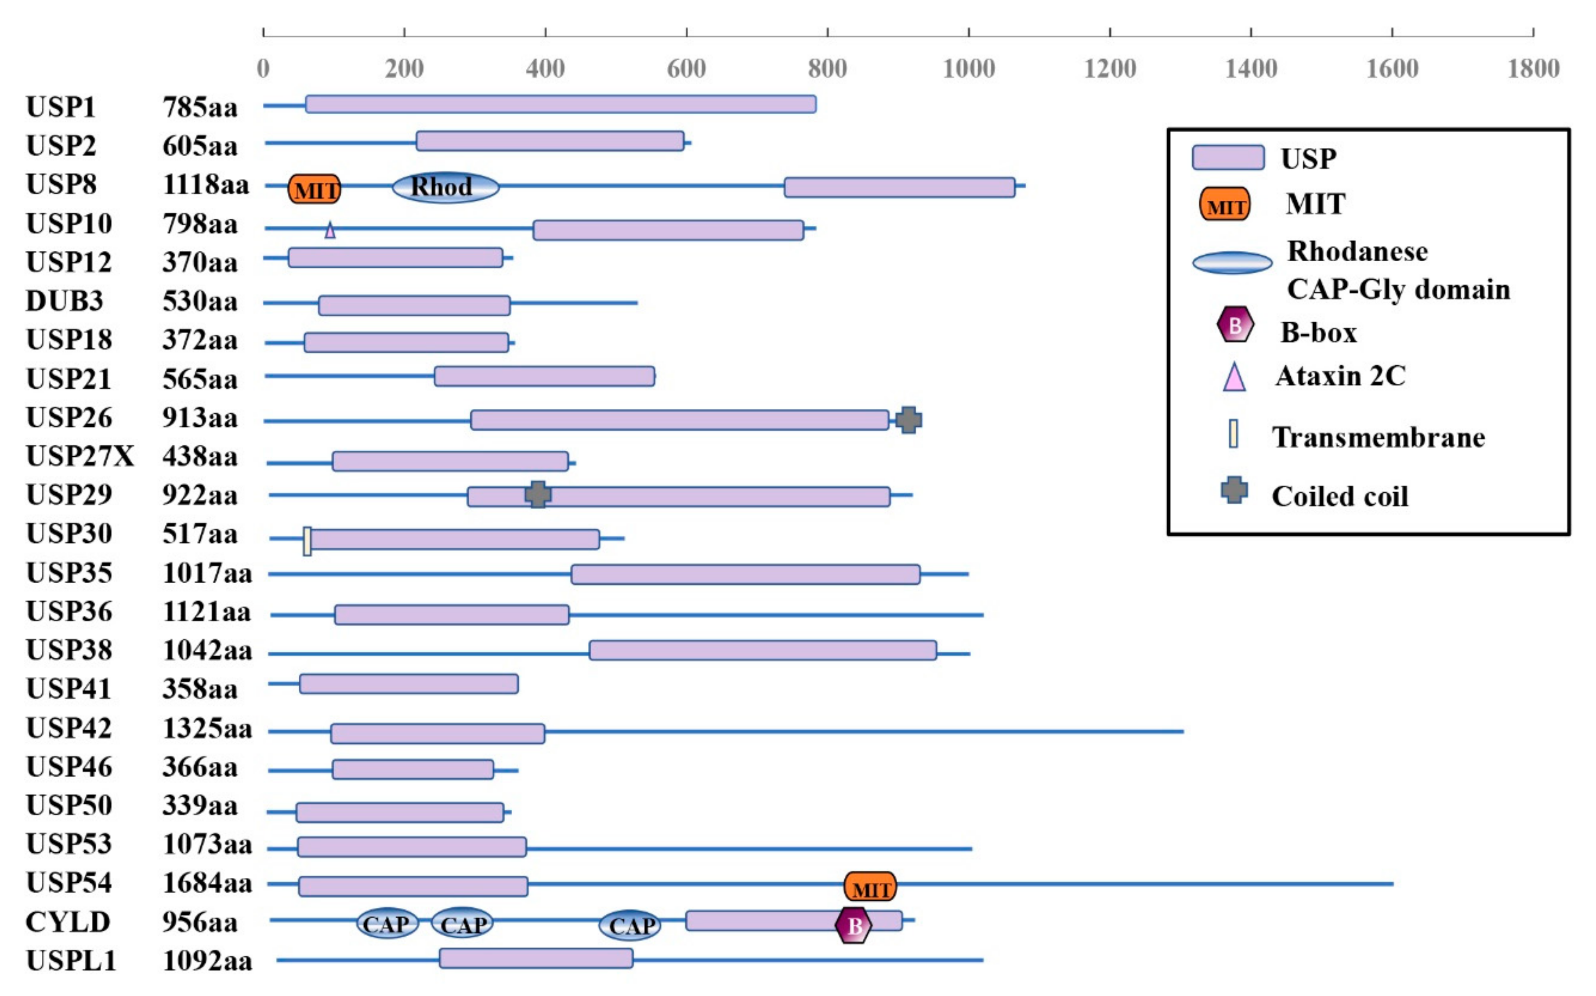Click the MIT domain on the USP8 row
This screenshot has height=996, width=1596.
click(x=315, y=189)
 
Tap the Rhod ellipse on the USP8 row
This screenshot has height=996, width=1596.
click(x=445, y=187)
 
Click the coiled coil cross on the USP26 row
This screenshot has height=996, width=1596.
click(x=908, y=420)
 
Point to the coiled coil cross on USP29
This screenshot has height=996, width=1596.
click(x=538, y=494)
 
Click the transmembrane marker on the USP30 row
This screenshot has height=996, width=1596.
click(x=307, y=541)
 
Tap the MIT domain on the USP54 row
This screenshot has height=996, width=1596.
click(x=870, y=887)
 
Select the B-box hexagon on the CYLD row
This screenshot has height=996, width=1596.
click(x=853, y=925)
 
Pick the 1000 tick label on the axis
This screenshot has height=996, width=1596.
click(x=968, y=69)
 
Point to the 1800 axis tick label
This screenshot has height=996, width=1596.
click(x=1533, y=69)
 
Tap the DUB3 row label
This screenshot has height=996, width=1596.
click(x=65, y=301)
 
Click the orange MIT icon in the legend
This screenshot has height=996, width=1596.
click(x=1224, y=204)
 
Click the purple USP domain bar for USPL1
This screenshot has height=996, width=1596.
click(x=536, y=958)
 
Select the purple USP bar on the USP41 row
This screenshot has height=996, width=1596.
click(x=409, y=684)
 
